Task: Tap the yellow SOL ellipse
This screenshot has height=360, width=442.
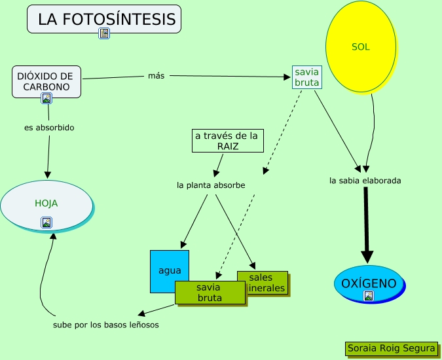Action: tap(361, 47)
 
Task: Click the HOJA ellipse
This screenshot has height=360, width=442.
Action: tap(46, 203)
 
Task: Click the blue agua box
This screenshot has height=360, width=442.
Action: tap(169, 270)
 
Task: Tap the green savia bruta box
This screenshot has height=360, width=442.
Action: tap(210, 293)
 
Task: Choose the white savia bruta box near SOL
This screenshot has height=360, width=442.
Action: tap(306, 77)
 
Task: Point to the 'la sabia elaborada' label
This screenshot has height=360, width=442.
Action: tap(365, 180)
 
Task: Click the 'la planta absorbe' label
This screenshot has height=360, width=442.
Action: tap(211, 185)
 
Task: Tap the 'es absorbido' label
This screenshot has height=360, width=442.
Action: tap(49, 128)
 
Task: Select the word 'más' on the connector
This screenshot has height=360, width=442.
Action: tap(156, 76)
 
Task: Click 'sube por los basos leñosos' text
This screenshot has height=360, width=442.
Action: tap(105, 324)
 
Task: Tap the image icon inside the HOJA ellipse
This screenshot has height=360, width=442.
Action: tap(46, 222)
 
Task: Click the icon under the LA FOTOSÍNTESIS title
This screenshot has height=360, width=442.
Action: tap(104, 33)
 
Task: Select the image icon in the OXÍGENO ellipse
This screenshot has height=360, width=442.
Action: tap(369, 296)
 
